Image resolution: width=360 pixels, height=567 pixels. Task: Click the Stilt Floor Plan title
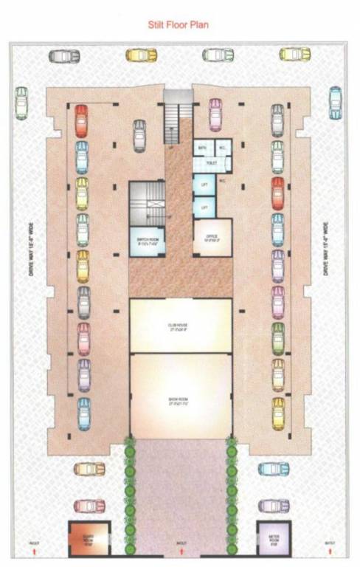pos(179,25)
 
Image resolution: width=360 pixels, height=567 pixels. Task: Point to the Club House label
pos(180,324)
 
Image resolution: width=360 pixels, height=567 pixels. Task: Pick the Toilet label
pos(211,162)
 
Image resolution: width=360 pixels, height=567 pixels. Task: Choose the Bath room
pos(201,148)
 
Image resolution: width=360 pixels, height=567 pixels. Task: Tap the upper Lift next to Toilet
pos(204,184)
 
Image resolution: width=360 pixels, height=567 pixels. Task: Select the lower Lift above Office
pos(204,208)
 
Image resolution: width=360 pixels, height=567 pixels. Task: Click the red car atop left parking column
pos(81,119)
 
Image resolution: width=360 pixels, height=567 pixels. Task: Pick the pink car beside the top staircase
pos(215,114)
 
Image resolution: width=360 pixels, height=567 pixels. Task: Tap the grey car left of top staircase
pos(139,135)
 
